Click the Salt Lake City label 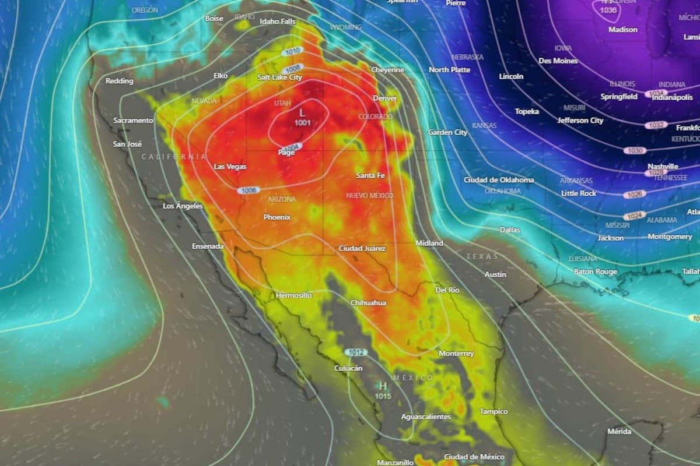[280, 77]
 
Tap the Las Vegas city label [230, 167]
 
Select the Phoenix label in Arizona [277, 217]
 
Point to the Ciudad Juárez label [362, 248]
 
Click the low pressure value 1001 [302, 123]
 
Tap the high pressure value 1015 [383, 396]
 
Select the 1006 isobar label [247, 190]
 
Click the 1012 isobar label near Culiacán [356, 352]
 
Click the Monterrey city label [456, 354]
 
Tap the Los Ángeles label [183, 206]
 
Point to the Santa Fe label [370, 175]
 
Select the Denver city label [385, 98]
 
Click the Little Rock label [579, 193]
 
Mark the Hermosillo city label [293, 295]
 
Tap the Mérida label [619, 432]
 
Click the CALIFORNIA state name [173, 157]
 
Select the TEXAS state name [482, 256]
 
